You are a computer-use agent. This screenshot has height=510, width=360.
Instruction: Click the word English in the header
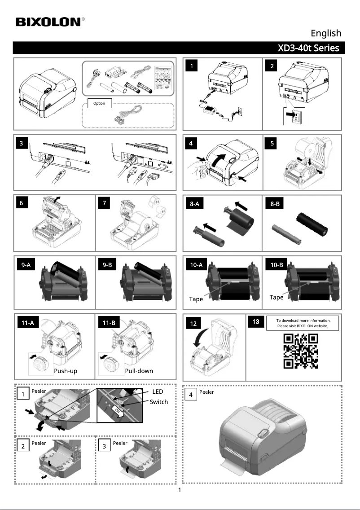click(x=326, y=33)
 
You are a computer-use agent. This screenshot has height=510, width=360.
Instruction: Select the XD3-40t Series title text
click(x=308, y=48)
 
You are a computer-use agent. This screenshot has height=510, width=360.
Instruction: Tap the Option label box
click(x=99, y=103)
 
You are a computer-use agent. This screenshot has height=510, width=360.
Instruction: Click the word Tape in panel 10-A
click(x=196, y=299)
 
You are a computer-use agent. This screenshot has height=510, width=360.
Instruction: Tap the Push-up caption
click(x=66, y=371)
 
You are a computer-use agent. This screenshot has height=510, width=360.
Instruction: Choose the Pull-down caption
click(x=139, y=371)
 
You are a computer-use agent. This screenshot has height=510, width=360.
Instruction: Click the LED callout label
click(x=158, y=392)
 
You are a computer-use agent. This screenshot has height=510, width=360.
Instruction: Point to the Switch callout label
click(x=158, y=402)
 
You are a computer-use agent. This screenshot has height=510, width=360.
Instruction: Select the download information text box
click(x=303, y=323)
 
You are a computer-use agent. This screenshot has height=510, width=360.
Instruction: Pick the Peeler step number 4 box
click(x=192, y=395)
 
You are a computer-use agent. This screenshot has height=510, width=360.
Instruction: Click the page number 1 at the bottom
click(x=180, y=490)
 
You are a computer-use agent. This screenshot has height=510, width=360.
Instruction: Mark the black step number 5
click(x=272, y=144)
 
